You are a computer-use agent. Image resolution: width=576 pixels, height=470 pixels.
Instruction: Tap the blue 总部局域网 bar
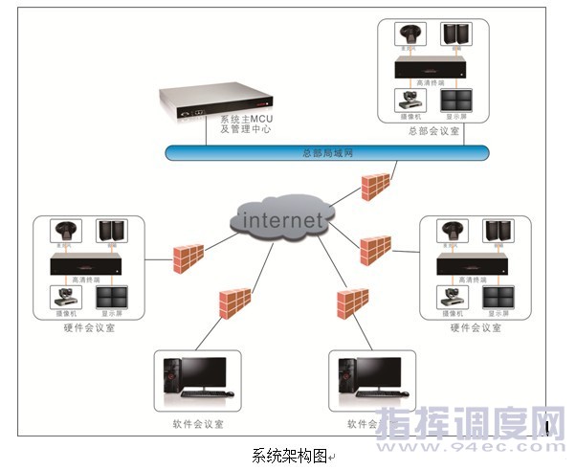click(x=324, y=152)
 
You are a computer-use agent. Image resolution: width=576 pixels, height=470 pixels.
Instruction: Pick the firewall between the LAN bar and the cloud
click(x=376, y=186)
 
